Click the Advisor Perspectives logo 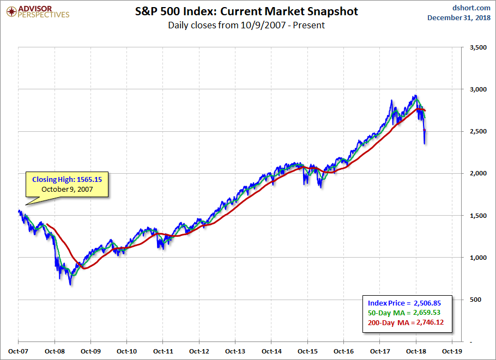[x=38, y=11]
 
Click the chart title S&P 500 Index [x=246, y=11]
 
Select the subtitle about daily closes [x=246, y=25]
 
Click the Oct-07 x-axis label [x=19, y=351]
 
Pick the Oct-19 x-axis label [x=451, y=351]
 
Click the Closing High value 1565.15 [x=86, y=179]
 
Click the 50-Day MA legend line [x=403, y=313]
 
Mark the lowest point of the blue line [x=70, y=285]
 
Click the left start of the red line [x=47, y=224]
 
